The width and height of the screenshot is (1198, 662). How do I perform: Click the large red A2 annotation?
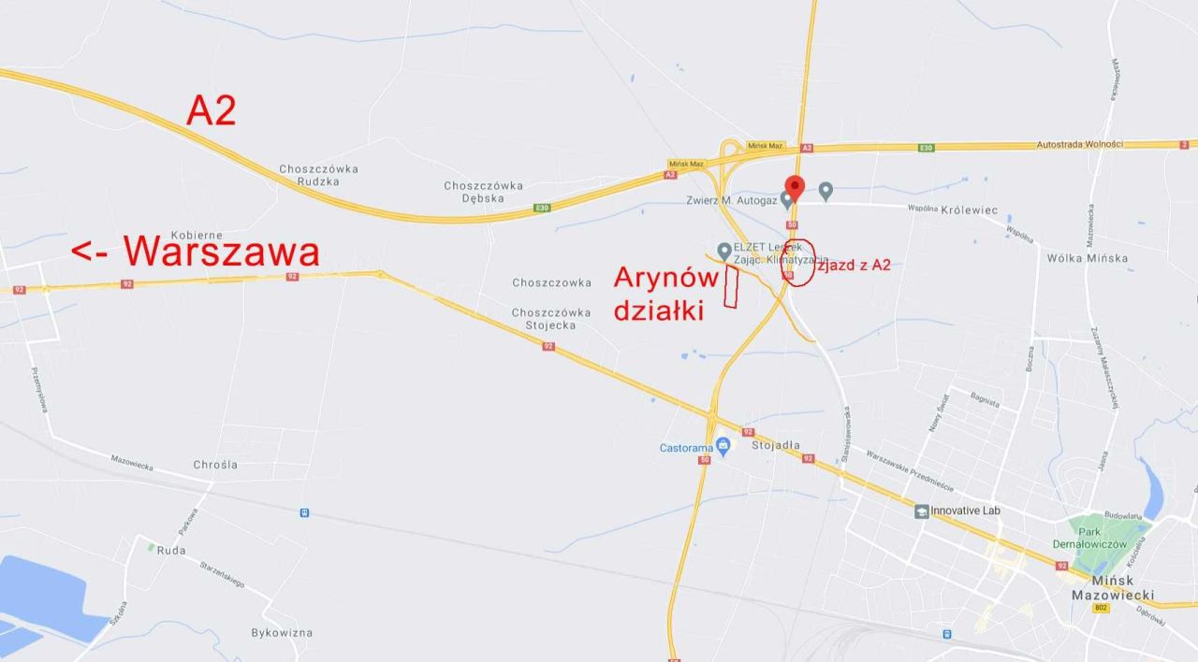[212, 110]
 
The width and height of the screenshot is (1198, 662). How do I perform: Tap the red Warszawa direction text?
[196, 252]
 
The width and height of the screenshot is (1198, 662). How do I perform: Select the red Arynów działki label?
[665, 294]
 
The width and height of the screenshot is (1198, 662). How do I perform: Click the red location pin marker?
[795, 187]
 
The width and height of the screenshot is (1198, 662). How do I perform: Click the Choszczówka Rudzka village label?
[318, 175]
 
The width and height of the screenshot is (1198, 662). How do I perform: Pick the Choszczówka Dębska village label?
[483, 192]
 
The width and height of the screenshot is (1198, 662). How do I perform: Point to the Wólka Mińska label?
[1087, 258]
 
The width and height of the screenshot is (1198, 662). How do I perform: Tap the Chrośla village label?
[215, 464]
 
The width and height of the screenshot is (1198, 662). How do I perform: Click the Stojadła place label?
[775, 445]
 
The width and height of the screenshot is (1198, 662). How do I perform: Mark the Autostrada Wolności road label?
[1079, 144]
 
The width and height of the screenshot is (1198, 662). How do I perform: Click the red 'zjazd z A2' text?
[855, 266]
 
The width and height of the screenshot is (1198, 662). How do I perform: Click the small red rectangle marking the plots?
[732, 287]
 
